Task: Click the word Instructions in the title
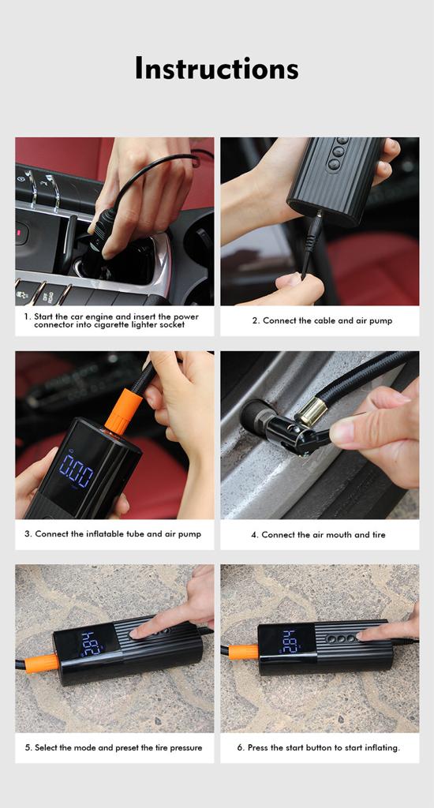point(216,68)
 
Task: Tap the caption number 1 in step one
point(26,316)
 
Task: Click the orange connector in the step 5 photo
point(39,663)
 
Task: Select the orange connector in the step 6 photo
point(243,651)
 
